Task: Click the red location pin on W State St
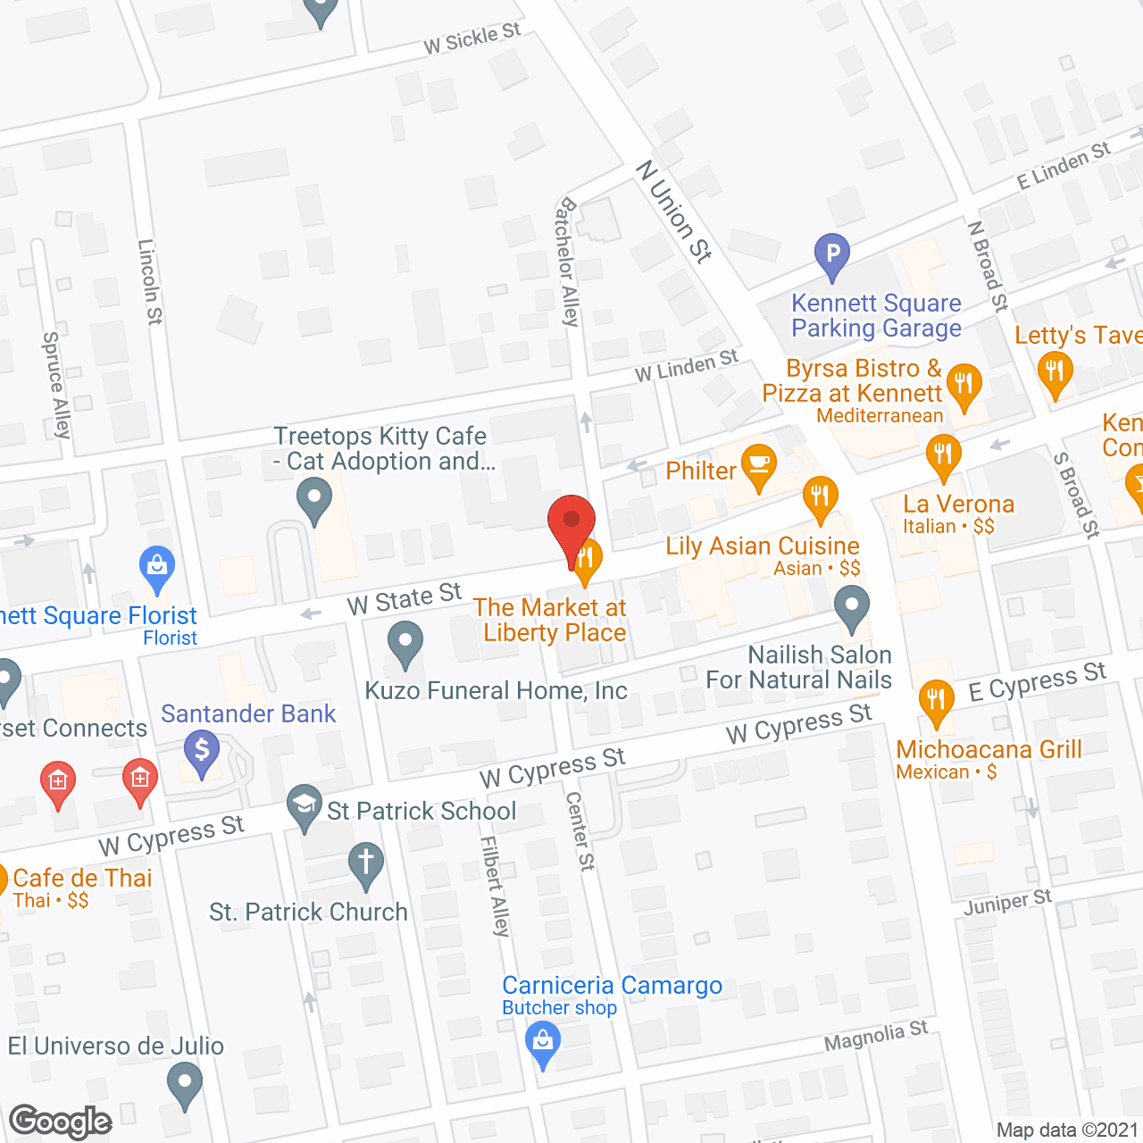pos(571,525)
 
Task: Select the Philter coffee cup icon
pos(759,465)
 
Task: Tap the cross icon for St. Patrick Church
pos(366,864)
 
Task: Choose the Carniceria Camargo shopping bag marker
pos(542,1042)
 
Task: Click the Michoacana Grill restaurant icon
pos(935,700)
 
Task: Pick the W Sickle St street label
pos(471,38)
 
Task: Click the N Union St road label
pos(674,211)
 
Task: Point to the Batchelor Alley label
pos(568,262)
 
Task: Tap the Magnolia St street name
pos(876,1037)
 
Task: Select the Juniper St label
pos(1008,903)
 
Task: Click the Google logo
pos(61,1122)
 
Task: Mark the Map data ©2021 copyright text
pos(1067,1130)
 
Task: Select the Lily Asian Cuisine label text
pos(763,546)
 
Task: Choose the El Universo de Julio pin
pos(185,1082)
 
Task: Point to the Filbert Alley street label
pos(494,886)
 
